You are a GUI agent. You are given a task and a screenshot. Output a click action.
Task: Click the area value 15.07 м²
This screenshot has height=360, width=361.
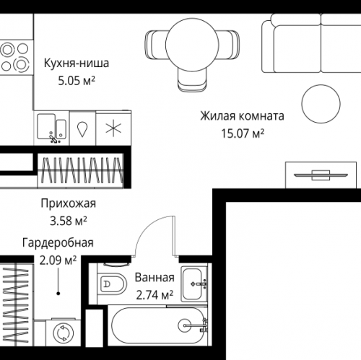coord(241,133)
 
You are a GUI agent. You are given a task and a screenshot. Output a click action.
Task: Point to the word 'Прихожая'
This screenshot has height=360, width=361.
coord(69,203)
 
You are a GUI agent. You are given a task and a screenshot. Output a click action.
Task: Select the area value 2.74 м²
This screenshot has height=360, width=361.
coord(154,294)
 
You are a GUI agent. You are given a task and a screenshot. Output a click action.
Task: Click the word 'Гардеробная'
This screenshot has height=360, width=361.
coord(57,243)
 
